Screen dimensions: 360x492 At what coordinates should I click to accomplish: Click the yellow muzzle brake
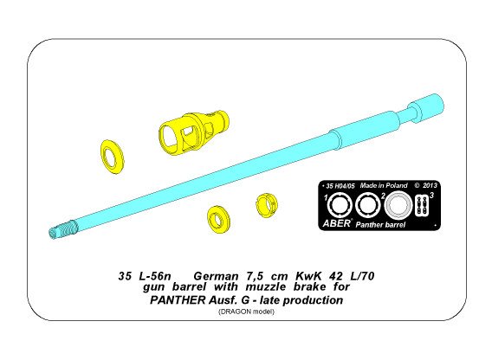click(x=182, y=128)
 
